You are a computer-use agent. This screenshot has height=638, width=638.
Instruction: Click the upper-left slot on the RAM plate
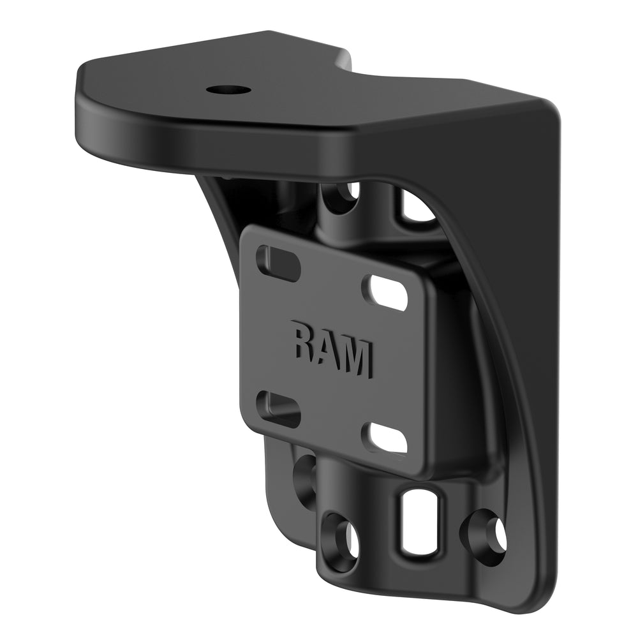278,263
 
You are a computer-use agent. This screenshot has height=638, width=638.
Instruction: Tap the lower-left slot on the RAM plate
278,408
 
